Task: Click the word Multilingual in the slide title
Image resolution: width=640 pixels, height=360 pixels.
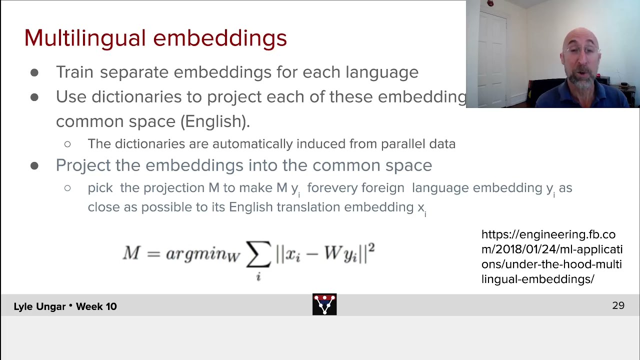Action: click(84, 38)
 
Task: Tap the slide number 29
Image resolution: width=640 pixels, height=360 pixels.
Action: click(618, 305)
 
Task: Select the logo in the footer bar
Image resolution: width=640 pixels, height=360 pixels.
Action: click(324, 304)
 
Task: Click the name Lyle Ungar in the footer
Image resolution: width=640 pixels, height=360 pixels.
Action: click(39, 306)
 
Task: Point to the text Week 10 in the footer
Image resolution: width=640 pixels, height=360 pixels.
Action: click(96, 306)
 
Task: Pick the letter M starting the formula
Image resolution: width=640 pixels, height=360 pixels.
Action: click(131, 253)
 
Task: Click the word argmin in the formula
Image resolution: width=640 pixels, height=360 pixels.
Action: click(196, 254)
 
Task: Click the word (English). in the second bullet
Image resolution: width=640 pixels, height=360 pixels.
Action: click(215, 121)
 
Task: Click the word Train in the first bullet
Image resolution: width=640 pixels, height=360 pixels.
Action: click(74, 72)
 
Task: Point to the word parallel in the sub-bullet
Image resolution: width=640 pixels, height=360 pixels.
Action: click(403, 144)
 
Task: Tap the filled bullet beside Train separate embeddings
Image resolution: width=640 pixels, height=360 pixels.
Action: click(34, 73)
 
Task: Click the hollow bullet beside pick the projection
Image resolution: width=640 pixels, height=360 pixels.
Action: click(67, 188)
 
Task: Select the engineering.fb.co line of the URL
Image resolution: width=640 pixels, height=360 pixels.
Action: click(548, 234)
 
